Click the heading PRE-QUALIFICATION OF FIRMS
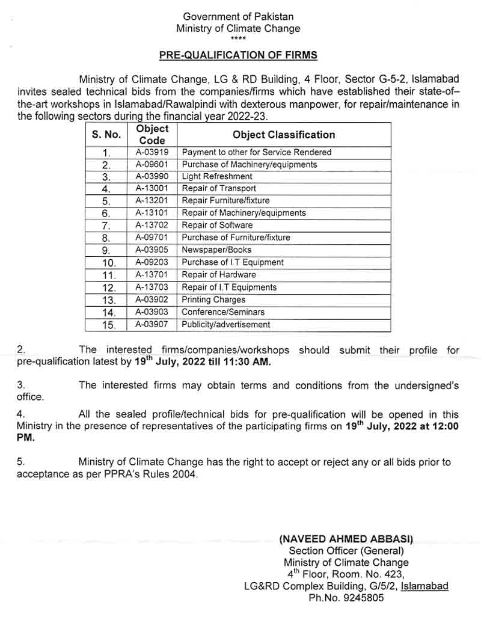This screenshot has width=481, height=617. point(238,55)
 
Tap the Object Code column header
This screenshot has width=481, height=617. point(153,134)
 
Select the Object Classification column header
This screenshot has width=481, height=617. point(284,135)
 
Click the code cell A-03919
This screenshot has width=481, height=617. point(153,152)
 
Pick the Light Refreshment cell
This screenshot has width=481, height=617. point(217,176)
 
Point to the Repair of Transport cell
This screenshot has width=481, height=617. point(219,188)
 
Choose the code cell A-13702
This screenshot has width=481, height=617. point(153,225)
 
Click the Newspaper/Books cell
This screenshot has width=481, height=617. point(216,250)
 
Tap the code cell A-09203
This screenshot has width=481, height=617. point(153,262)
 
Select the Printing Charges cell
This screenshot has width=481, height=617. point(213,299)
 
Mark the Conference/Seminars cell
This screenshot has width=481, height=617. point(223,312)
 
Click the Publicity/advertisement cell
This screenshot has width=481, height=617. point(225,325)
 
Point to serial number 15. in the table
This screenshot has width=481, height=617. point(108,325)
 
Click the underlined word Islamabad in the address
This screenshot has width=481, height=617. point(424,586)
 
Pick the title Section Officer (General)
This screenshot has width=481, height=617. point(346,551)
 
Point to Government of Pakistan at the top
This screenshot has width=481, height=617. point(238,17)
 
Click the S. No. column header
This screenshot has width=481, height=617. point(106,135)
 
